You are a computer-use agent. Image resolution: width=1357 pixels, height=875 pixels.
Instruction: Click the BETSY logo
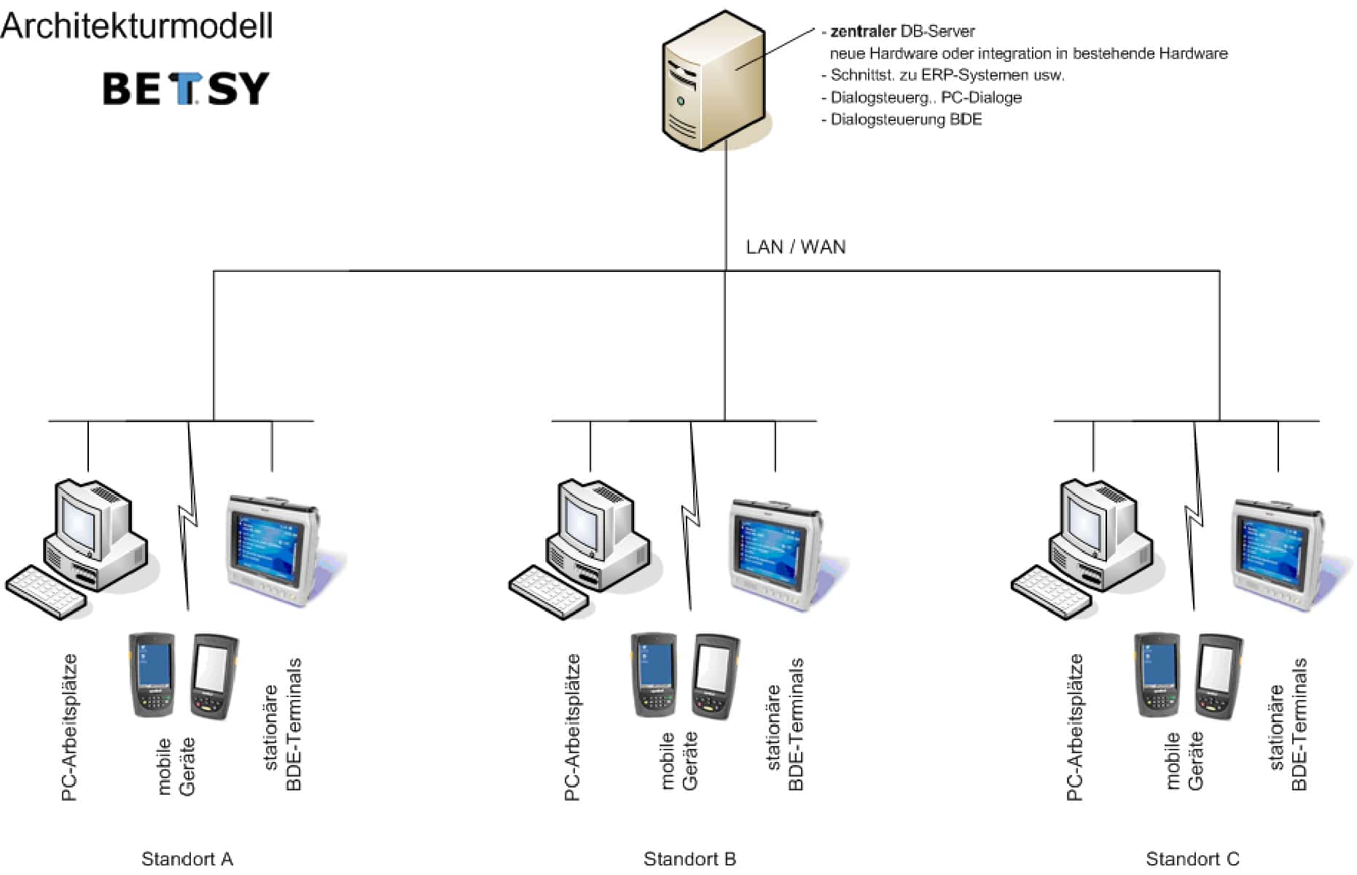[x=186, y=88]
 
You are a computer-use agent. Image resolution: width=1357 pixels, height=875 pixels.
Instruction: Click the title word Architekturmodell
[x=137, y=26]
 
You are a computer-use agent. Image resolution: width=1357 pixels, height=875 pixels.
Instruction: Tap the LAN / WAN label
[x=795, y=247]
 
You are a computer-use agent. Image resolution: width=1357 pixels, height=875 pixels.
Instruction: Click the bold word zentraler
[x=862, y=31]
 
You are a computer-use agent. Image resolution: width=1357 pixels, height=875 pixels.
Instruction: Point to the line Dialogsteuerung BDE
[x=906, y=120]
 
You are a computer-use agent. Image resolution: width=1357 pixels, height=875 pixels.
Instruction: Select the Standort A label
[x=187, y=859]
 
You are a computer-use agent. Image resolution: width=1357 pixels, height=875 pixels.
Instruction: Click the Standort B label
[x=689, y=859]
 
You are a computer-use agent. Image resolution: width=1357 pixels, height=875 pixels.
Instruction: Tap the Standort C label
[x=1192, y=859]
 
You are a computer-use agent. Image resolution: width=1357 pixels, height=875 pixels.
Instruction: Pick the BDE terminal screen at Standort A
[x=266, y=545]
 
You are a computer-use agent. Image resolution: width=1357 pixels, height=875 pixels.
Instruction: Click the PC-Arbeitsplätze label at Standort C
[x=1075, y=727]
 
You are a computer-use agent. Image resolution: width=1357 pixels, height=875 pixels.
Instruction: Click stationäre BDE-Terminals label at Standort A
[x=283, y=724]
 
